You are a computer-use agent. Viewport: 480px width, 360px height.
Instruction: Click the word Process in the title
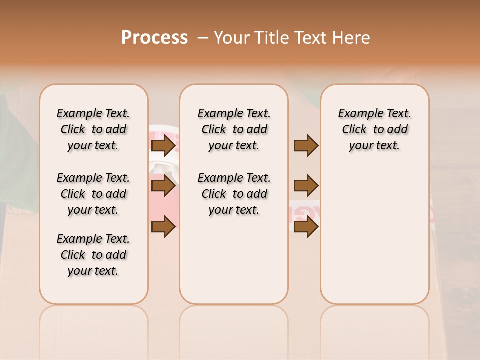[154, 38]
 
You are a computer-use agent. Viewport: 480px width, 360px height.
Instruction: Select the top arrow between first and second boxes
[163, 146]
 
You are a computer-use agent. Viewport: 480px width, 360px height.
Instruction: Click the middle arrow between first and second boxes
[163, 186]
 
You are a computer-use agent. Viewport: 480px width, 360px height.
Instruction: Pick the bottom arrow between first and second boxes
[163, 227]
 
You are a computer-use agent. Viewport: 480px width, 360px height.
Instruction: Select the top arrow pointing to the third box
[306, 146]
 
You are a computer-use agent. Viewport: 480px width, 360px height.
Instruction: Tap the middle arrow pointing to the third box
[306, 186]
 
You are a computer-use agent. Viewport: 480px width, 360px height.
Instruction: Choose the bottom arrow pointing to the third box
[306, 227]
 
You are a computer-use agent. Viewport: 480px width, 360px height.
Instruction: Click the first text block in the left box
[93, 129]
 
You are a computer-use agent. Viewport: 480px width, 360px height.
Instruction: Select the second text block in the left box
[93, 194]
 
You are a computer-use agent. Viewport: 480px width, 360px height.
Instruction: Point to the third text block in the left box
[93, 255]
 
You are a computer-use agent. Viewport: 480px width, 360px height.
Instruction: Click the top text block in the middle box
[234, 129]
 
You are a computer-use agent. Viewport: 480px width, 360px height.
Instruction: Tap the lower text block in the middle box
[234, 194]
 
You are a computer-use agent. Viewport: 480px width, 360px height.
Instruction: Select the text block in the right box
[374, 129]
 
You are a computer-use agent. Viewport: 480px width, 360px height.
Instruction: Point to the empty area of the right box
[374, 230]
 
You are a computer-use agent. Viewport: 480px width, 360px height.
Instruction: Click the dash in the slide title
[203, 38]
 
